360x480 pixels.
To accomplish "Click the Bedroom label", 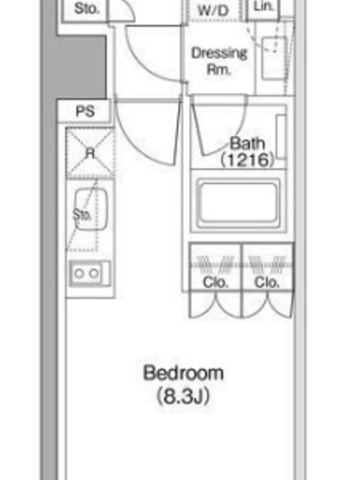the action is (184, 373).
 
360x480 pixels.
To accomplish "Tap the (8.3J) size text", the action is (184, 396).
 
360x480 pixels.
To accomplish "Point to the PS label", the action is (85, 112).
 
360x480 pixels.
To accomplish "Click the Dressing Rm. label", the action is (219, 61).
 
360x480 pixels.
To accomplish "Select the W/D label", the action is (214, 11).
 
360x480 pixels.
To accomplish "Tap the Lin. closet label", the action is (263, 6).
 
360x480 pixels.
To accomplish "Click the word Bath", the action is (247, 143).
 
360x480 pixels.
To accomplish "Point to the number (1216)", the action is (247, 160).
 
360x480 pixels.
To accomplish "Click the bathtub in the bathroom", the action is (238, 202).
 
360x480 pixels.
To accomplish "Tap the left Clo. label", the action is (215, 282).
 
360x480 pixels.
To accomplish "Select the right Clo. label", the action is (267, 282).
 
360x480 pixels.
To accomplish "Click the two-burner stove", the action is (90, 274).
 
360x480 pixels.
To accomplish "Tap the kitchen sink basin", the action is (91, 209).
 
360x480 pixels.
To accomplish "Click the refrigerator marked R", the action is (90, 153).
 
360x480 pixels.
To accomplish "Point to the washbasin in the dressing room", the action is (275, 58).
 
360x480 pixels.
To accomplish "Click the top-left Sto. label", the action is (87, 8).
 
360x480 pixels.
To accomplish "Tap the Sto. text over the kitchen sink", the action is (82, 215).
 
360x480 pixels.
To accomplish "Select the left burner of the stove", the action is (79, 274).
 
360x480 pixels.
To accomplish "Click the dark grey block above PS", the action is (82, 67).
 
